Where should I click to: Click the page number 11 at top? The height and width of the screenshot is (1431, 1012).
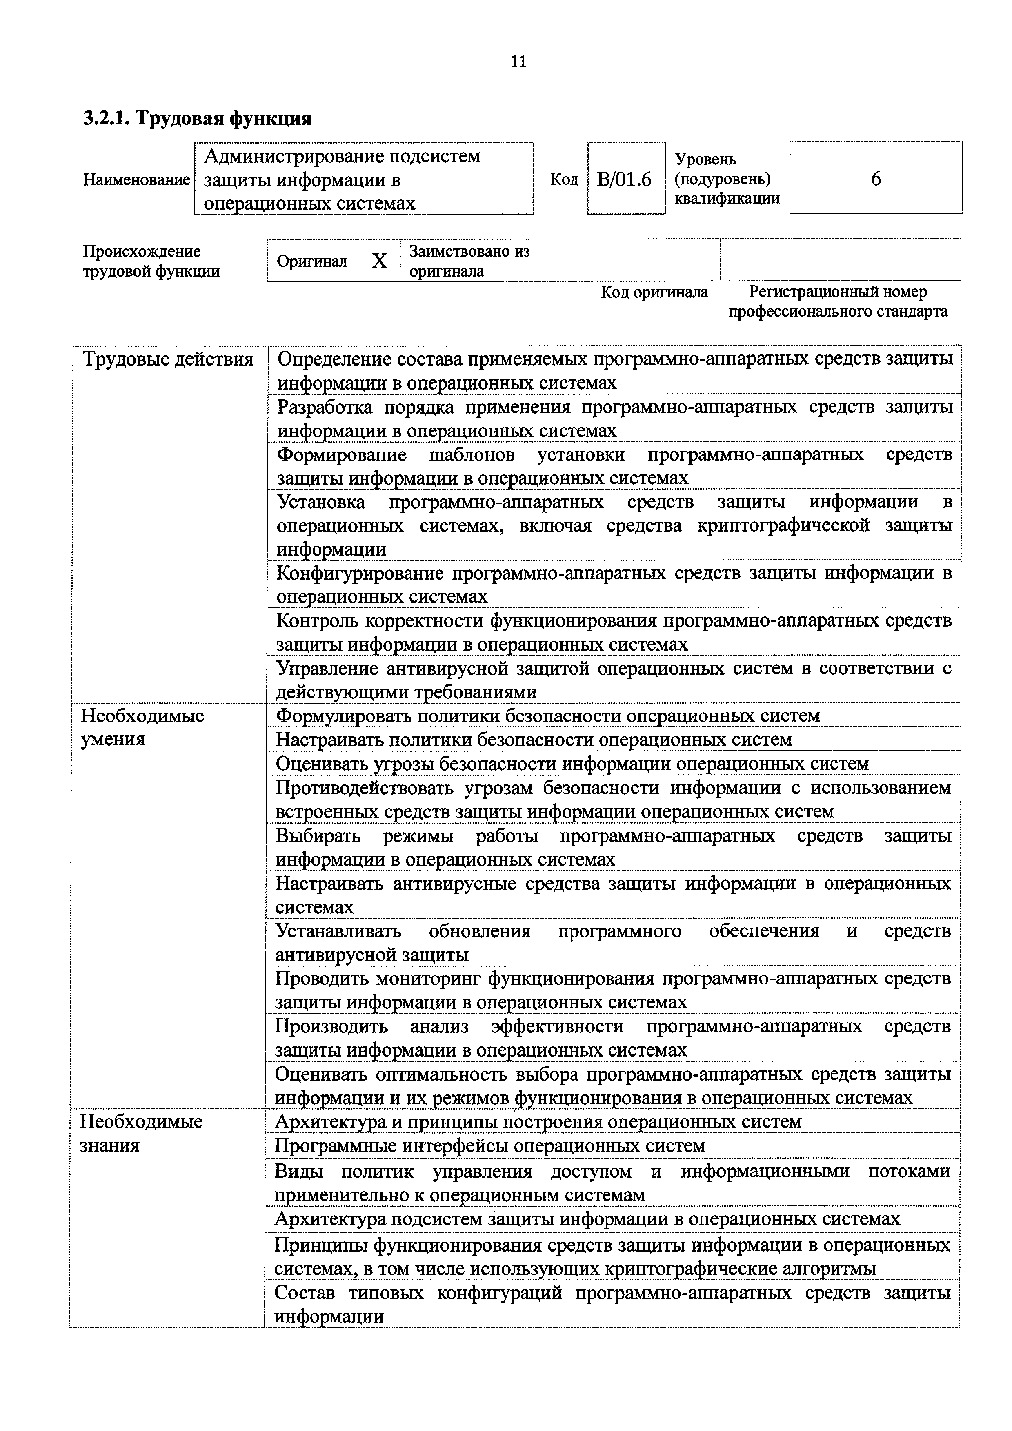(x=518, y=62)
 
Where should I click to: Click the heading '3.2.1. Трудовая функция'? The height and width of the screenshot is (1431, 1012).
(x=198, y=118)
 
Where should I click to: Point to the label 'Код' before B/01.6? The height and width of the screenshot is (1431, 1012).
(x=564, y=179)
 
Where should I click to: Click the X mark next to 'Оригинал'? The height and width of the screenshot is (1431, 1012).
(x=379, y=261)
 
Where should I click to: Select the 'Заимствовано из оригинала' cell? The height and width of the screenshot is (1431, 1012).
(x=469, y=261)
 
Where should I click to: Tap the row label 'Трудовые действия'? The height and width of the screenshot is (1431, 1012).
(x=168, y=360)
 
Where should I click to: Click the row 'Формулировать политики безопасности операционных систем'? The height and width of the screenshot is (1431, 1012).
(x=547, y=715)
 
